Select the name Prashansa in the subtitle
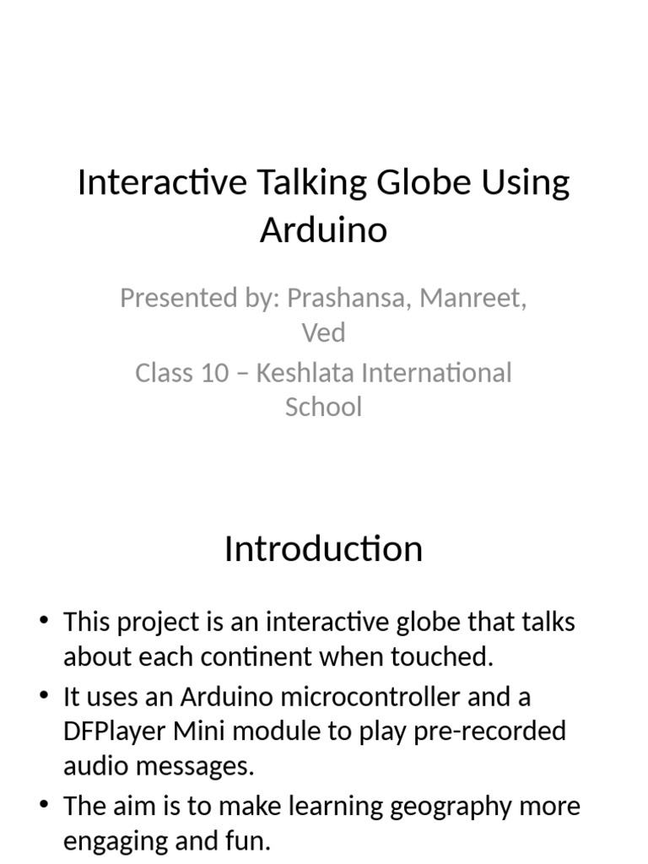[345, 298]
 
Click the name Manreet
[471, 298]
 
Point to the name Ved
[323, 332]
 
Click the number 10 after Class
[214, 373]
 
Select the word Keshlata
[305, 372]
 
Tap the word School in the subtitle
[323, 407]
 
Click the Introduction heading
[323, 548]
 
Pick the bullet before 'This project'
[45, 619]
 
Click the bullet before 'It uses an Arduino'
[45, 694]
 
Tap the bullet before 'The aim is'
[45, 803]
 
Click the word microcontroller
[370, 697]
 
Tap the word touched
[442, 656]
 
